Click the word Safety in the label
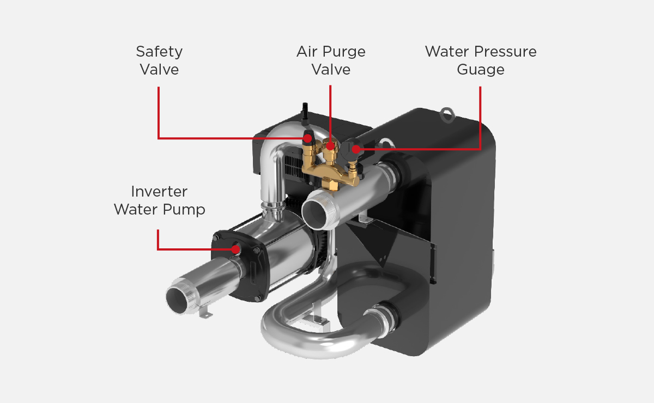pos(159,52)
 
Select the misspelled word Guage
pos(481,70)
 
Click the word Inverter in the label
pos(159,192)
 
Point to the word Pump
pos(184,210)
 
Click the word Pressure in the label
pos(505,52)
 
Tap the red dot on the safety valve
pos(307,138)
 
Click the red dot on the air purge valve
pos(330,145)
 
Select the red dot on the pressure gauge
pos(356,149)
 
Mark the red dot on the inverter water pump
pos(235,249)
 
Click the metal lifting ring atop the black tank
pos(447,115)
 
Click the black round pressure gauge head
pos(351,148)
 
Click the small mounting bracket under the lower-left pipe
pos(205,313)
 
